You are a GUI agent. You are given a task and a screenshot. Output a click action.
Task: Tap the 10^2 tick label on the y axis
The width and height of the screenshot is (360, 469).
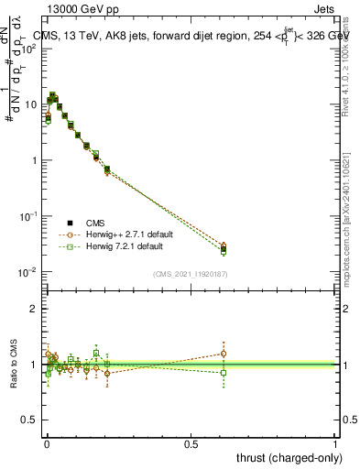coord(30,48)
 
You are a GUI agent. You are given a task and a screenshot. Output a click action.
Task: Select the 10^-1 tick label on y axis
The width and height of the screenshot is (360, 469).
coord(30,216)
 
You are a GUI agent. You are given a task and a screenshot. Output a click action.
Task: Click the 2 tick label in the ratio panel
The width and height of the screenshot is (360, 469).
coord(34,309)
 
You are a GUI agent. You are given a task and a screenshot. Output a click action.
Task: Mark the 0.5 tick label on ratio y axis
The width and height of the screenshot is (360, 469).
coord(30,420)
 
